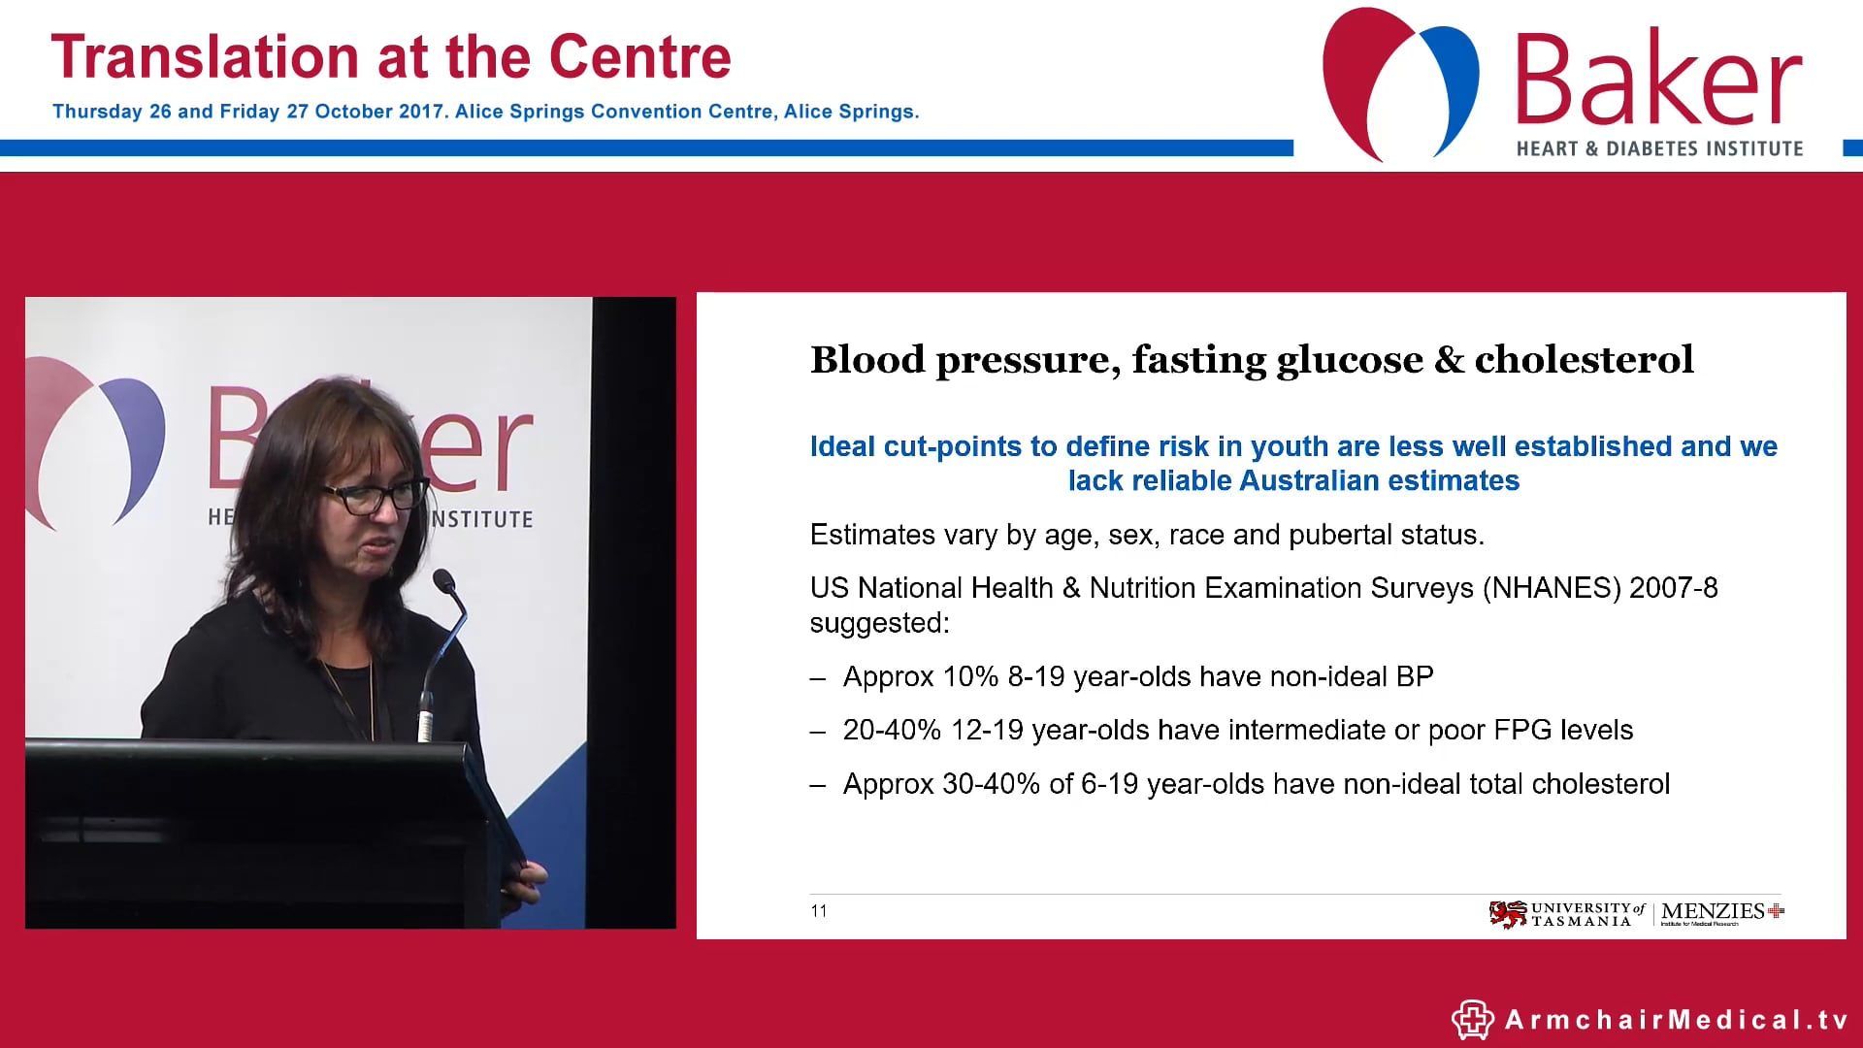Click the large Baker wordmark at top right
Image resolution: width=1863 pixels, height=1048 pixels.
[x=1657, y=80]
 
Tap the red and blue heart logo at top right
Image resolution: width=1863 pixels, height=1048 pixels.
[x=1400, y=82]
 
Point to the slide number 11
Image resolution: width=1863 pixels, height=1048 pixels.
[x=819, y=911]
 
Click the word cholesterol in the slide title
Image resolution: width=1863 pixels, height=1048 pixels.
[x=1584, y=360]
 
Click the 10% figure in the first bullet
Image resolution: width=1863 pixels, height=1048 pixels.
[x=970, y=676]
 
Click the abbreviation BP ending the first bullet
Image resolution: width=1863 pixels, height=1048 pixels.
[x=1415, y=676]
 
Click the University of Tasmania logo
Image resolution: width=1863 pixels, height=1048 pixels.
[x=1566, y=914]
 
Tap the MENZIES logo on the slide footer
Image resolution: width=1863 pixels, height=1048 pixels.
[x=1720, y=912]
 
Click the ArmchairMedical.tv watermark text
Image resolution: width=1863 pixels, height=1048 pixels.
[x=1676, y=1020]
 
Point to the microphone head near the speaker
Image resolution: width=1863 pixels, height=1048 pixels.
[x=444, y=581]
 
